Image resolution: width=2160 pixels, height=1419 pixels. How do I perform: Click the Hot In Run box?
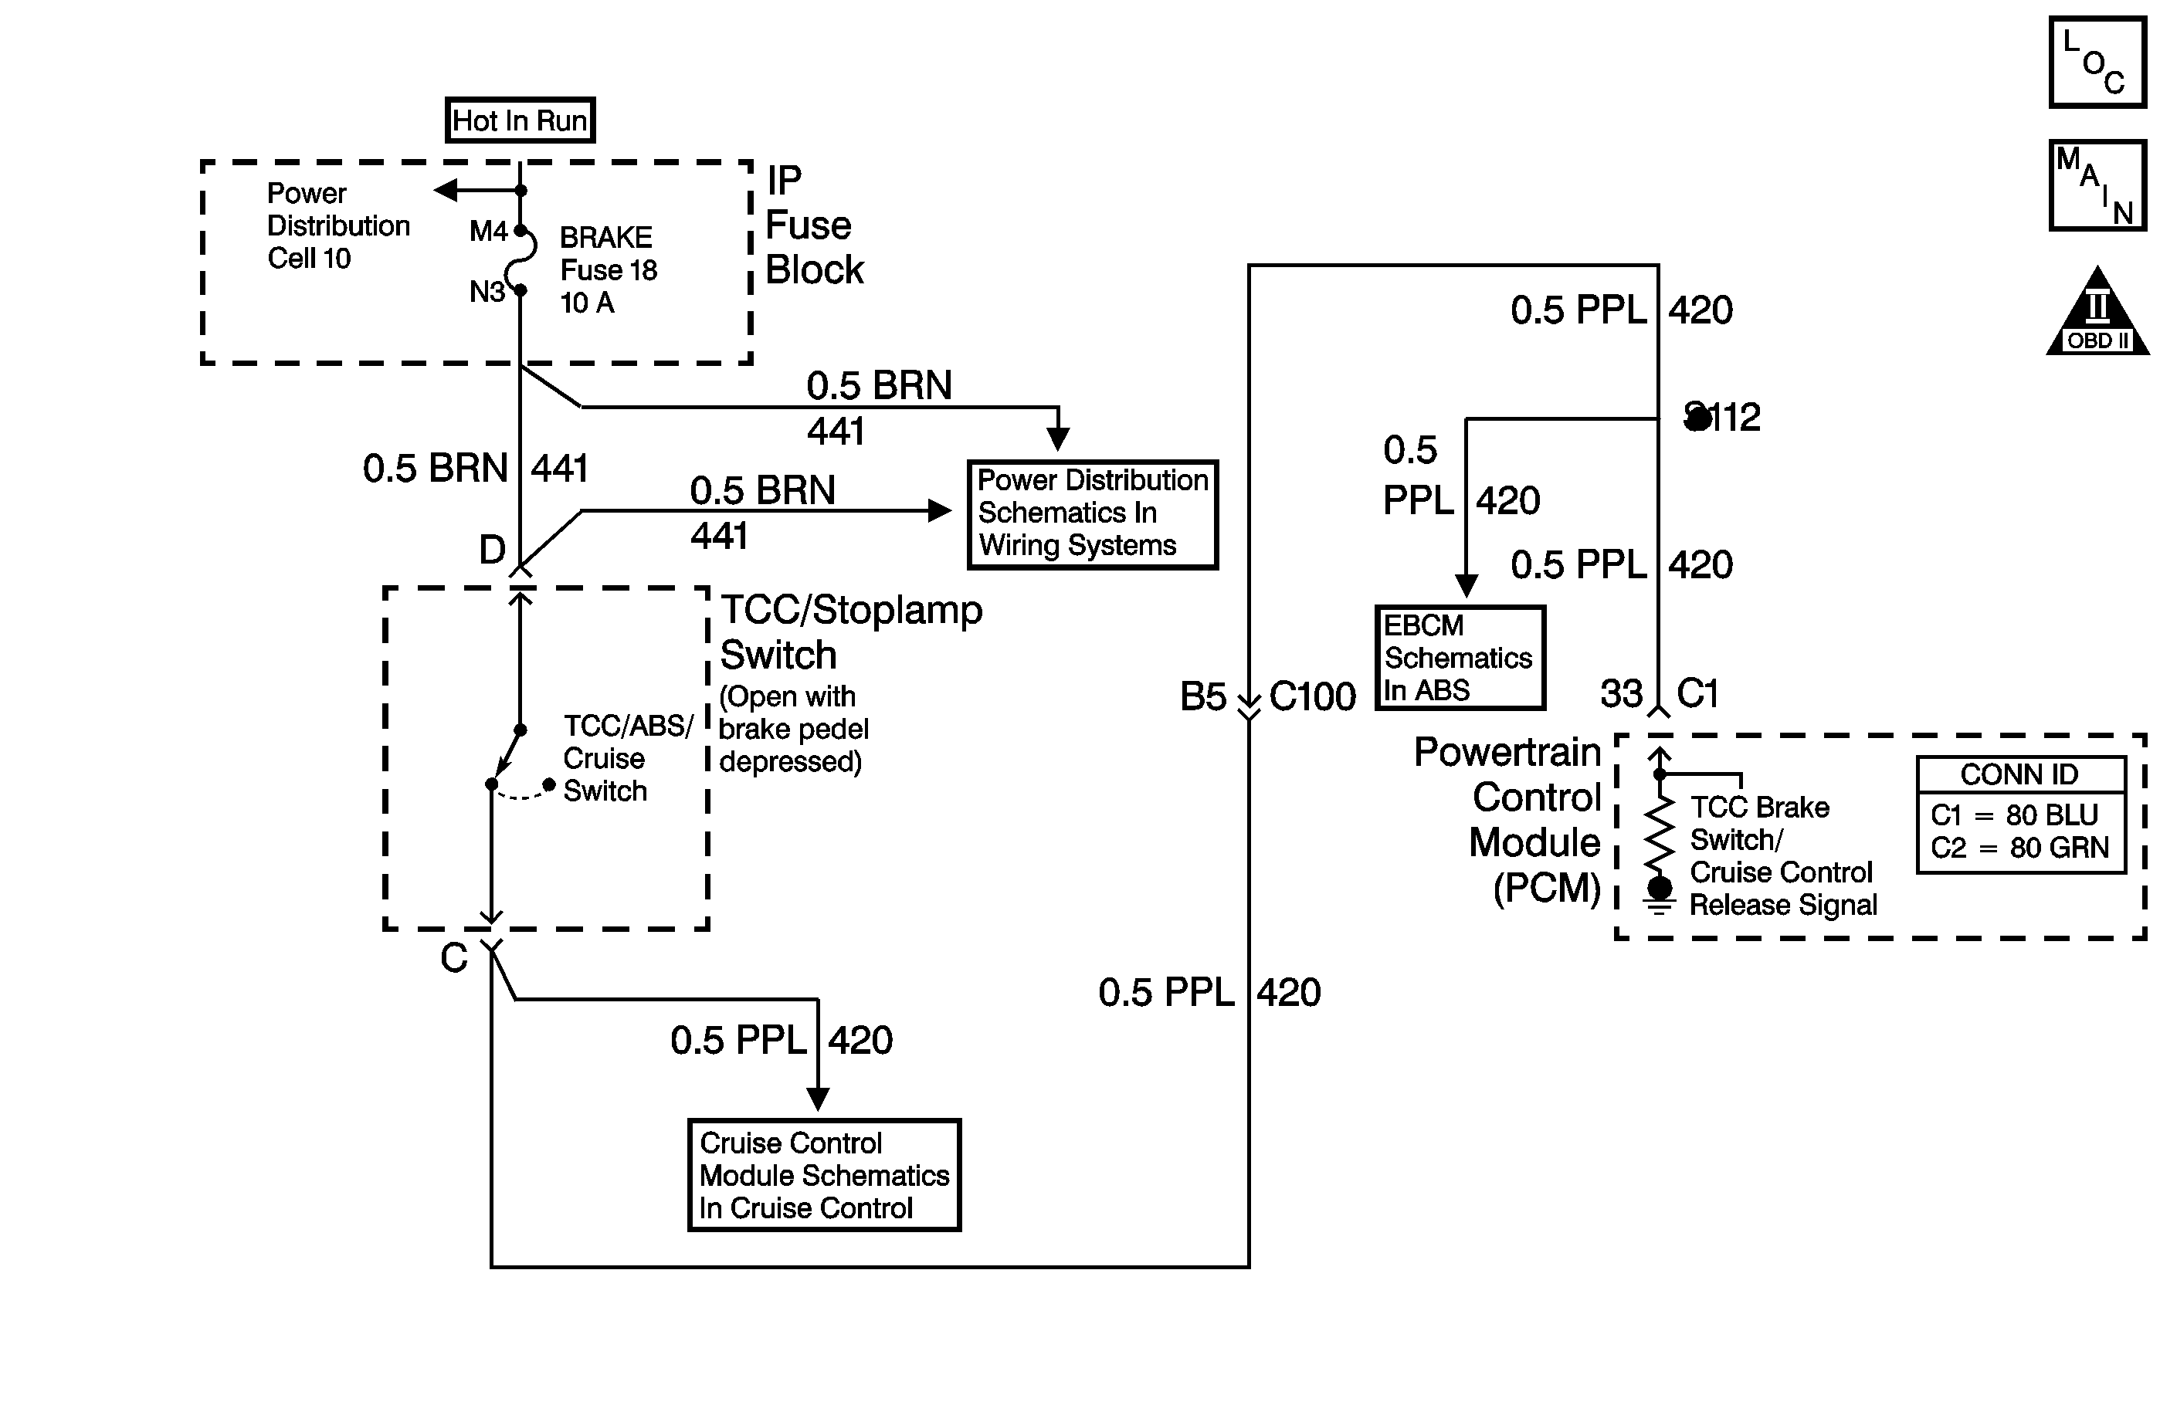(520, 120)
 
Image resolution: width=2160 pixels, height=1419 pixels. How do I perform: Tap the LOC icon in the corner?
(2097, 63)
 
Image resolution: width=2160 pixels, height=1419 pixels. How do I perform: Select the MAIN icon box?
(2097, 185)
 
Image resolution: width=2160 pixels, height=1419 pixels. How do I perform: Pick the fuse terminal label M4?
(487, 232)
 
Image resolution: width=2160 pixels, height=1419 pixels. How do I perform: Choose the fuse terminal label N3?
(487, 292)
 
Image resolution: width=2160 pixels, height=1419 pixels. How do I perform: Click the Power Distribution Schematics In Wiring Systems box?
(1093, 514)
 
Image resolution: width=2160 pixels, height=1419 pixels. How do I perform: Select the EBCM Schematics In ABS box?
(1460, 658)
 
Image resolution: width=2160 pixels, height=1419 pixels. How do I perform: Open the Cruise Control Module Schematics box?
(824, 1175)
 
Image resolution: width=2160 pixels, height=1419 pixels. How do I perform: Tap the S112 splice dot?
(1697, 418)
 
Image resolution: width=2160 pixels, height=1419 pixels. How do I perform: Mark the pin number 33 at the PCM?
(1621, 694)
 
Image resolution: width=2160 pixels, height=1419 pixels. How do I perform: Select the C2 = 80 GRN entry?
(2019, 848)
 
